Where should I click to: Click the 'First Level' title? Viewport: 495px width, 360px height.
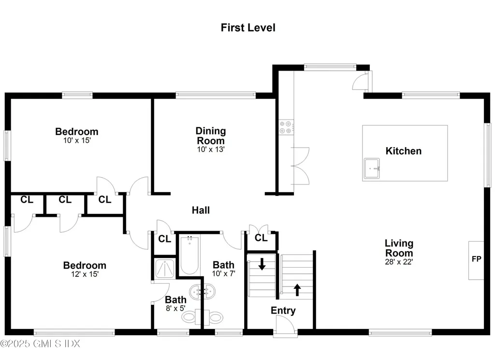[248, 28]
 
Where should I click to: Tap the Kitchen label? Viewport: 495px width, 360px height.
[403, 151]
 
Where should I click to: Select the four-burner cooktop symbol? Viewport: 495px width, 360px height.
[285, 127]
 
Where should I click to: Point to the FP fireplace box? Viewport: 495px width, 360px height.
[476, 259]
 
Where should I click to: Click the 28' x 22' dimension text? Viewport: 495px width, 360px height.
[399, 262]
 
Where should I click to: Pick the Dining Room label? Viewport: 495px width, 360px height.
[211, 135]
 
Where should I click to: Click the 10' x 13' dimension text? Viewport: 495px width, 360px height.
[211, 150]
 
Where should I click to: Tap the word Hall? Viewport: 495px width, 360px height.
[201, 210]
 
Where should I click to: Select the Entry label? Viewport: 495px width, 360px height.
[283, 311]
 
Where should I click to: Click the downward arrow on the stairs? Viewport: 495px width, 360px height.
[262, 264]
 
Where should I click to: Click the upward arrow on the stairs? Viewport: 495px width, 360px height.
[297, 290]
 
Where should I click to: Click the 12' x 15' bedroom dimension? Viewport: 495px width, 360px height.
[85, 274]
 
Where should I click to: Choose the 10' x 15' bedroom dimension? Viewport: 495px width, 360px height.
[76, 140]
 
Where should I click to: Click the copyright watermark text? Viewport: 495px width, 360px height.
[41, 344]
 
